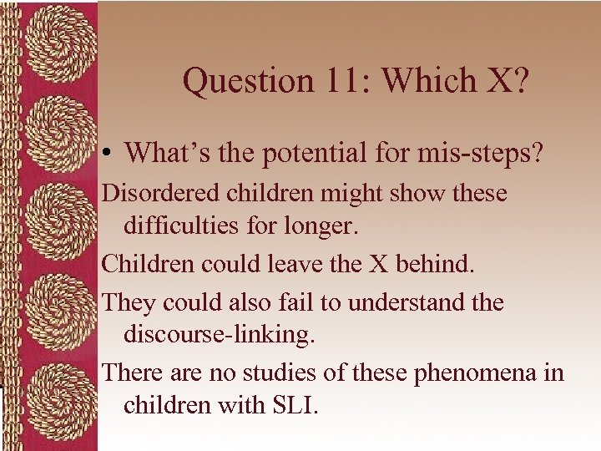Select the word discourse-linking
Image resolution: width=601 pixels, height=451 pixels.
pyautogui.click(x=225, y=334)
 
